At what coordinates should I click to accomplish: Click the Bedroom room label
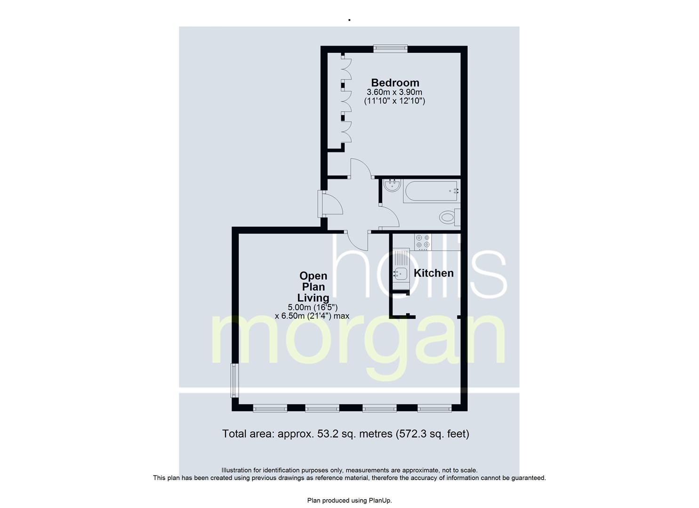[x=395, y=83]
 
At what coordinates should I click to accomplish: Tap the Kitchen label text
[x=434, y=273]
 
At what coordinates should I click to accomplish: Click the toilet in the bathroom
[x=450, y=217]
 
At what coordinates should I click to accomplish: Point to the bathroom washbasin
[x=392, y=185]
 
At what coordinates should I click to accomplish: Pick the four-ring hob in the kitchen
[x=423, y=242]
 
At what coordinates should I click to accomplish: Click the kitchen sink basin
[x=401, y=274]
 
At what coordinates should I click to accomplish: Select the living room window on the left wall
[x=234, y=380]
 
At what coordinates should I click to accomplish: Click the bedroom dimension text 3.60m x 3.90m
[x=394, y=92]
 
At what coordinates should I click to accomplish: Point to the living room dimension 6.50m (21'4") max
[x=312, y=316]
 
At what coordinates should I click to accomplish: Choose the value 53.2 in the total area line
[x=326, y=434]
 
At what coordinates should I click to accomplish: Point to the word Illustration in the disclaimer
[x=236, y=470]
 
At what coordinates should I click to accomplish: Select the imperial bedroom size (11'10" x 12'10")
[x=394, y=101]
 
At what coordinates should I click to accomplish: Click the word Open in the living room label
[x=313, y=276]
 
